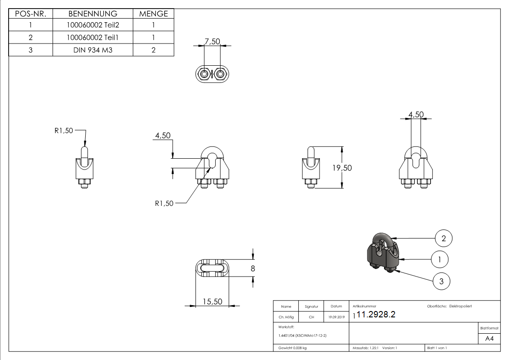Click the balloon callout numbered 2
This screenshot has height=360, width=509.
click(444, 237)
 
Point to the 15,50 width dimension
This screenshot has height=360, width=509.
click(211, 302)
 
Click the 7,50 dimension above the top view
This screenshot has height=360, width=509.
click(212, 41)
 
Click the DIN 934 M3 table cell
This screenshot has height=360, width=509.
click(92, 50)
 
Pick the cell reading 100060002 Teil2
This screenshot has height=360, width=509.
click(92, 26)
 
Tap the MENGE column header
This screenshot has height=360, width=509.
click(153, 14)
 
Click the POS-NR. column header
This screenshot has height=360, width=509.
click(30, 14)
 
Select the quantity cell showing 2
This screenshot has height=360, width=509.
click(153, 50)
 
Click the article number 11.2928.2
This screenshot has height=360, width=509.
click(376, 315)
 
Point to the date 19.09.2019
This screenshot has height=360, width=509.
click(336, 317)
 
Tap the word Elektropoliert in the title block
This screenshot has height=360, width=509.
click(460, 306)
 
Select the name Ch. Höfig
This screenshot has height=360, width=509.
click(286, 317)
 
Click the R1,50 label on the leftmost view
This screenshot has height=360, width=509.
click(63, 131)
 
